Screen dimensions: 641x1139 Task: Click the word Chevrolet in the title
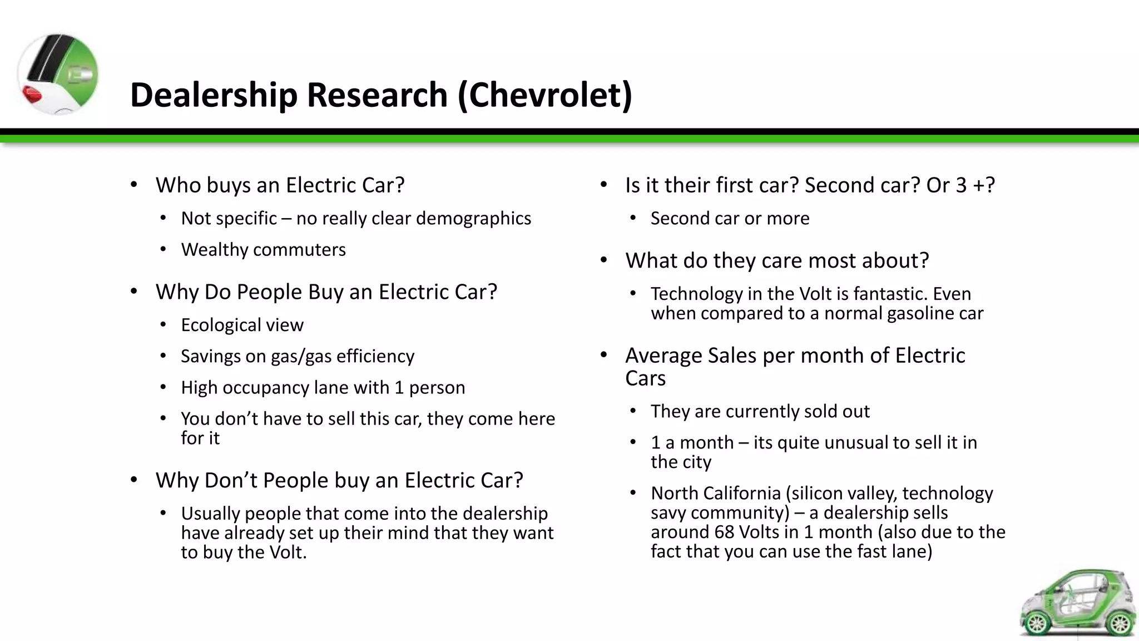[545, 95]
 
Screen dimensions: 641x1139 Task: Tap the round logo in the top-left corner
[58, 74]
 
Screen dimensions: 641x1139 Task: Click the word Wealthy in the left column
[215, 250]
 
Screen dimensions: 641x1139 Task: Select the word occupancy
[261, 388]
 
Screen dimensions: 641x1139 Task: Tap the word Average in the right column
[663, 356]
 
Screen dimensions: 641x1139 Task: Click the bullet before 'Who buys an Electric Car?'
[134, 185]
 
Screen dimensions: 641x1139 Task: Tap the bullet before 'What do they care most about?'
[604, 260]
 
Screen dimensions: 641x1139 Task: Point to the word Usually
[210, 514]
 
